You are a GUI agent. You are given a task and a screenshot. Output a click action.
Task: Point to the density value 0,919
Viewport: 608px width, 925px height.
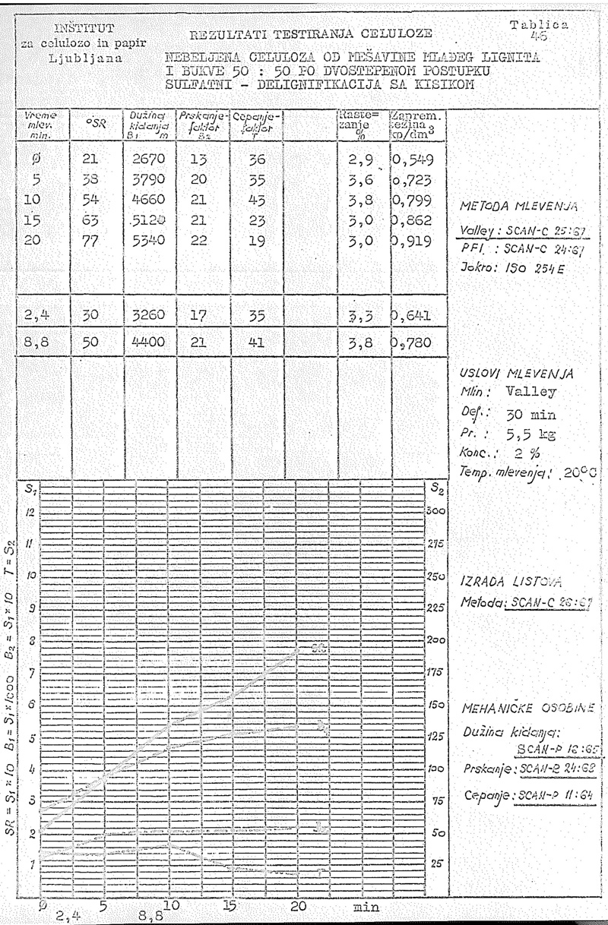(413, 240)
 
